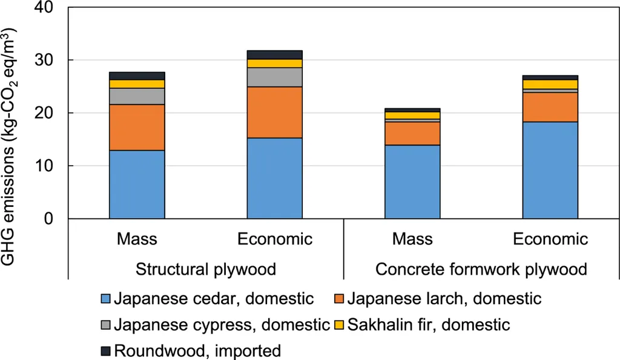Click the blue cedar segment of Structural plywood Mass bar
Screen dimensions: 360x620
(137, 184)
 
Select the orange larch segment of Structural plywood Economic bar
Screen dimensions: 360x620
(274, 113)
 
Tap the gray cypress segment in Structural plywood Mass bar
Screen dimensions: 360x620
(137, 96)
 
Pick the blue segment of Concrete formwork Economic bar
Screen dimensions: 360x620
(550, 169)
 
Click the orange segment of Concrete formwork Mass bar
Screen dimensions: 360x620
(412, 134)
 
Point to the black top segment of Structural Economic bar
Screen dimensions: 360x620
(274, 54)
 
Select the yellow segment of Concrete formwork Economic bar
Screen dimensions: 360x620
(550, 84)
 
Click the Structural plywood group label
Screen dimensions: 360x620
(206, 269)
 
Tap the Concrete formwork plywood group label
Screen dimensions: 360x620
(481, 269)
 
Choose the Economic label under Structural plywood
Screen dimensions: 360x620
(274, 239)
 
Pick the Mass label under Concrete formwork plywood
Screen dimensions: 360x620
(412, 239)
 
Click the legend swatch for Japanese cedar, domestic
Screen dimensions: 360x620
(105, 299)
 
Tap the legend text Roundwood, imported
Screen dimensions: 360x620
(197, 350)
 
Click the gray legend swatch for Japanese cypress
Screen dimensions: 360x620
(105, 325)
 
